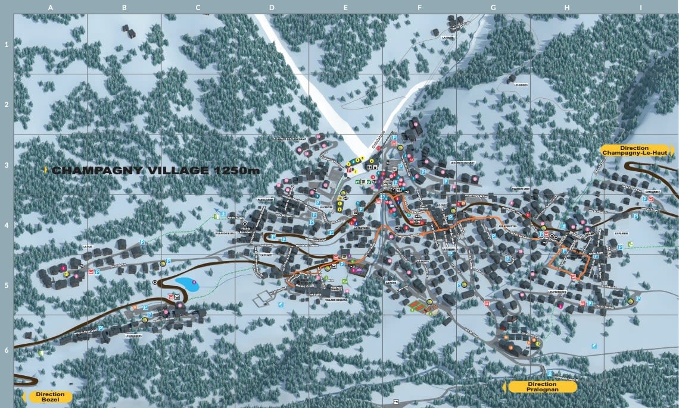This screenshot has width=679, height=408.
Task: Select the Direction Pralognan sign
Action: coord(542,387)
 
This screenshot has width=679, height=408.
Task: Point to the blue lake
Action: coord(186,284)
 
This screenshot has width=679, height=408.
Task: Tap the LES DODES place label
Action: coord(521,85)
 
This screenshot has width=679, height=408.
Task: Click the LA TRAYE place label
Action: coord(448,37)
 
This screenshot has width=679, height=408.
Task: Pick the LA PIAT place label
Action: coord(88,246)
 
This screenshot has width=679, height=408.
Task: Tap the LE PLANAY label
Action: coord(621,234)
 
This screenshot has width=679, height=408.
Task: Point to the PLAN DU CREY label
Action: coord(521,189)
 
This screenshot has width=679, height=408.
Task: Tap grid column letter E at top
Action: coord(345,8)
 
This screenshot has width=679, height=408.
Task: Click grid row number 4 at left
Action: coord(7,225)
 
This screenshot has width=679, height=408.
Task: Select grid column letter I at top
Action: coord(641,8)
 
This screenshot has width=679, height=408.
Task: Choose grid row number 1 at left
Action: coord(7,45)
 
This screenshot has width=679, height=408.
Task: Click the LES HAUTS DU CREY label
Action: coord(463,163)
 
